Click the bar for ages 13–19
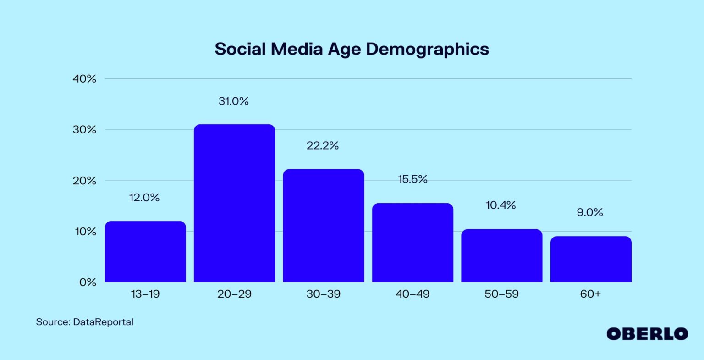(x=145, y=252)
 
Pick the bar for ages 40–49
(x=412, y=243)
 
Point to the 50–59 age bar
(x=501, y=255)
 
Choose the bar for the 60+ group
(x=590, y=259)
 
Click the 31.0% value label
(x=233, y=101)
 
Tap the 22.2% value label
(x=323, y=146)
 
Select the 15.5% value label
(x=412, y=179)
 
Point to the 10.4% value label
(x=500, y=205)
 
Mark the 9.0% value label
(x=589, y=213)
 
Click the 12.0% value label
(x=144, y=198)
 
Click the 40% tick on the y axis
(x=85, y=79)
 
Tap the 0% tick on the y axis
(x=88, y=282)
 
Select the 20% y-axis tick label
(x=85, y=181)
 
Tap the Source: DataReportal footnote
(x=85, y=322)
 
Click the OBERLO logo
(x=647, y=334)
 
